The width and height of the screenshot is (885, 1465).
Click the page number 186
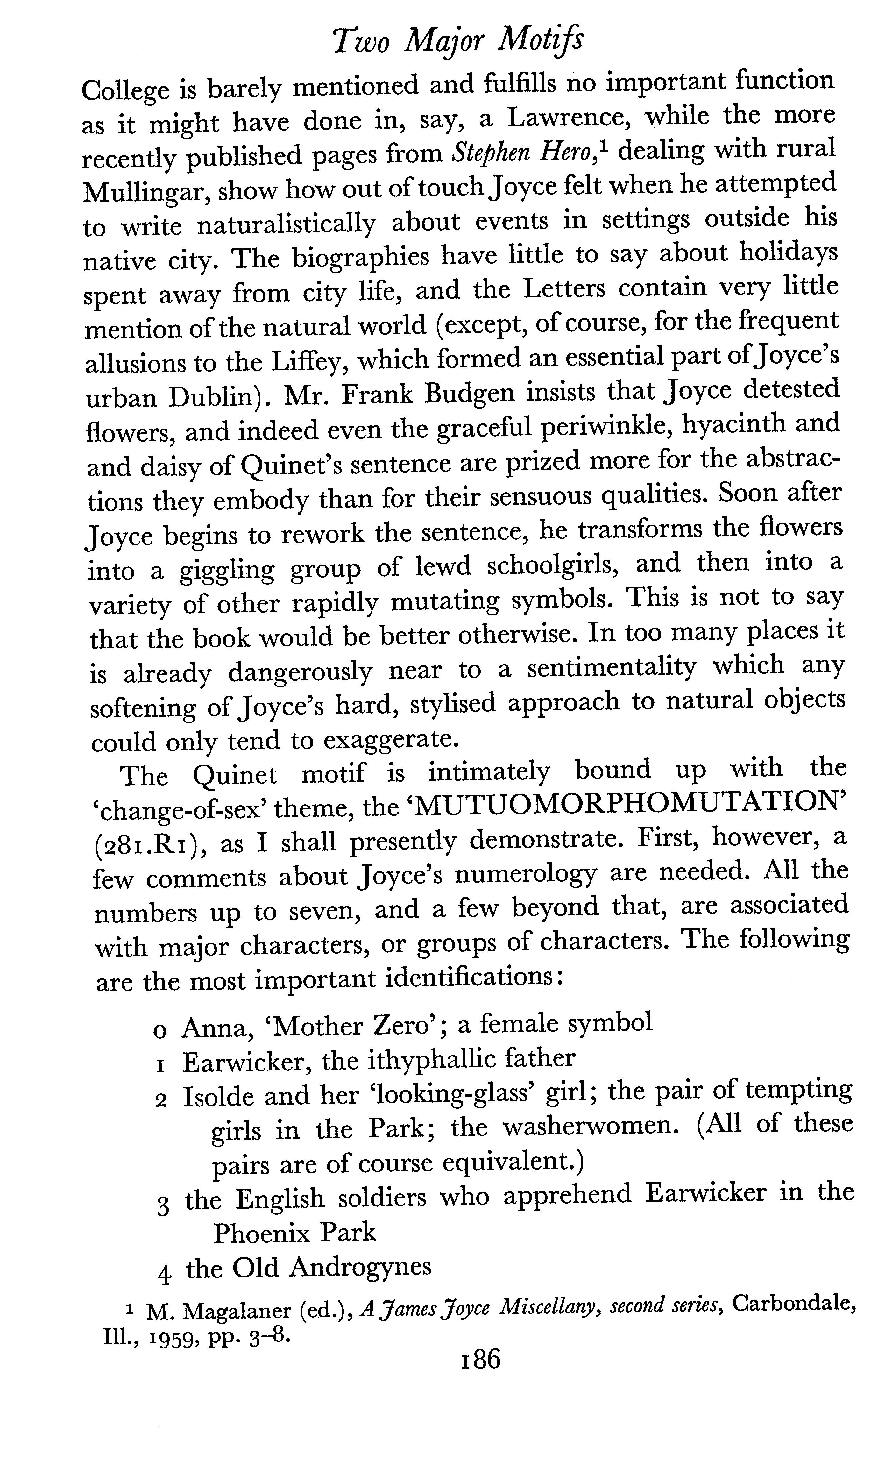click(x=481, y=1372)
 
